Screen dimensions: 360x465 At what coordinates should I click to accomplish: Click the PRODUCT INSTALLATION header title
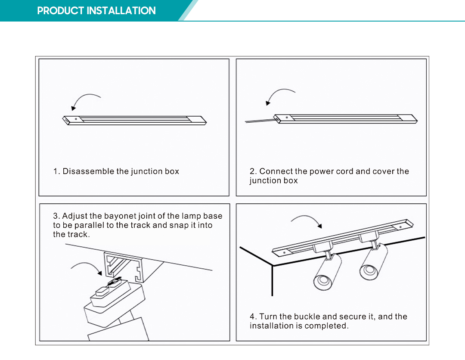pyautogui.click(x=96, y=11)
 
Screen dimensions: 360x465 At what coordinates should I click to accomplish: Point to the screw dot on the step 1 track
pyautogui.click(x=76, y=118)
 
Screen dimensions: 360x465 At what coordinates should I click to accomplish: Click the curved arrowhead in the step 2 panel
pyautogui.click(x=268, y=103)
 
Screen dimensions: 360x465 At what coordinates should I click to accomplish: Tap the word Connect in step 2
pyautogui.click(x=276, y=171)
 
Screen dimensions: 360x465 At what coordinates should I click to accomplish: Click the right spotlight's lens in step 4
pyautogui.click(x=368, y=270)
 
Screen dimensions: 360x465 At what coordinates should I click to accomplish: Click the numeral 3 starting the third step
pyautogui.click(x=56, y=216)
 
